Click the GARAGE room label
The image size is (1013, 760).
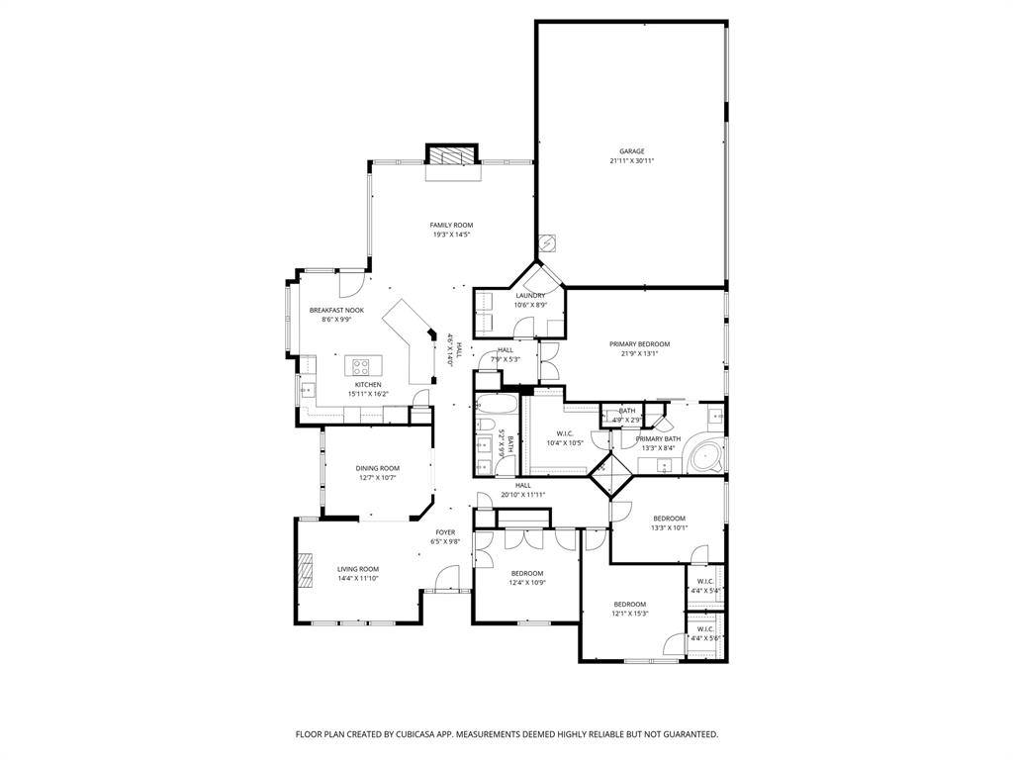point(632,151)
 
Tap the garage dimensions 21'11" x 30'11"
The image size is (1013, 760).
point(632,160)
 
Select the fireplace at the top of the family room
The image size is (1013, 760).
point(452,155)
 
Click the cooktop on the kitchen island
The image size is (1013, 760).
point(363,366)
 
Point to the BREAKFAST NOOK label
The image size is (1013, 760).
point(336,310)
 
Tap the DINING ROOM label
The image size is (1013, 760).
point(377,468)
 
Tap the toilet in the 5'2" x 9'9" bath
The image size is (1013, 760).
point(485,426)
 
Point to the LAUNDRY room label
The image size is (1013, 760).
point(530,295)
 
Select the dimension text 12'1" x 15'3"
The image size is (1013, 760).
point(630,614)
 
